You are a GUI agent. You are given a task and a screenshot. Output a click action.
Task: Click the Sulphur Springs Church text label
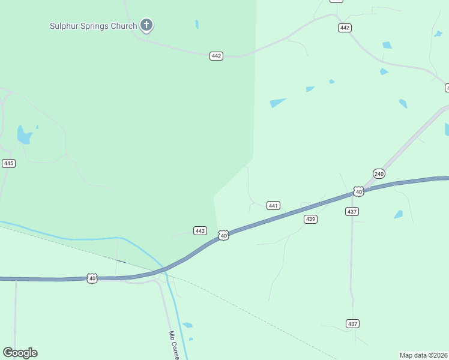coord(93,26)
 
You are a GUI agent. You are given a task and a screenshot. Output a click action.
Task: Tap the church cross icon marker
coord(146,25)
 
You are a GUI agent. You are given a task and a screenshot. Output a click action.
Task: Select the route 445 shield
coord(8,163)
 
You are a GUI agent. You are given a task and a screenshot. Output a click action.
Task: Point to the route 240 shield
coord(378,173)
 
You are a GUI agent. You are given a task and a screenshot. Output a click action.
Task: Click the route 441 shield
coord(273,205)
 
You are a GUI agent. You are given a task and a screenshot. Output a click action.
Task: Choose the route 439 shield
coord(310,219)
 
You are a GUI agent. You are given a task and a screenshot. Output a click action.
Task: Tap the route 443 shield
coord(200,230)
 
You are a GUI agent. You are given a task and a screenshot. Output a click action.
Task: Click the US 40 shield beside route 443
coord(223,236)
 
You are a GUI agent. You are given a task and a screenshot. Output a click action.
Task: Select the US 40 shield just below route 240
coord(358,191)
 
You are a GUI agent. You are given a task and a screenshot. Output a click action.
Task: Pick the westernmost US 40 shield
coord(92,278)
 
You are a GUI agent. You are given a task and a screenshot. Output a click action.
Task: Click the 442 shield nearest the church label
coord(217,56)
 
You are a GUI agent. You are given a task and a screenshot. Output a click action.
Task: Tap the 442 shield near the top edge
coord(345,28)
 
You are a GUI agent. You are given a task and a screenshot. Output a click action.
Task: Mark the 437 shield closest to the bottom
coord(352,323)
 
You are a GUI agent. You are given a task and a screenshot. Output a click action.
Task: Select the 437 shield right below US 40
coord(352,211)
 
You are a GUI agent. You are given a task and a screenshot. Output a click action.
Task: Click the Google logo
coord(20,353)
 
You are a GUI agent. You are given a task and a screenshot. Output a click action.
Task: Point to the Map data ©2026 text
coord(424,355)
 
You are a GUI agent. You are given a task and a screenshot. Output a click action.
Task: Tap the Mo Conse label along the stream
coord(173,344)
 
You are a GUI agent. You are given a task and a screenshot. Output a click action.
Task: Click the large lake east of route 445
coord(24,136)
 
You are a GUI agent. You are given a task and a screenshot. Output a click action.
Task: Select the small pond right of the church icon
coord(196,25)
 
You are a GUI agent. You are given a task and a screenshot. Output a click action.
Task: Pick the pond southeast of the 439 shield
coord(398,214)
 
